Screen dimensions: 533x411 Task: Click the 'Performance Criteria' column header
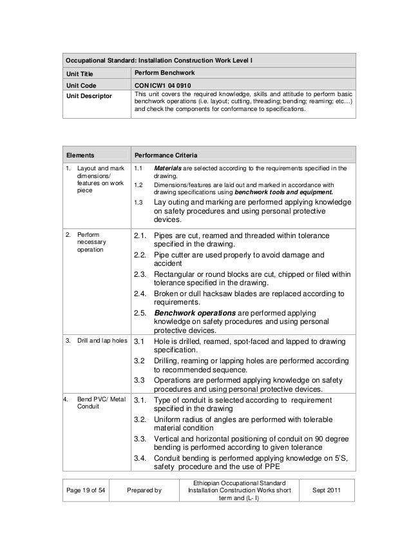(x=166, y=156)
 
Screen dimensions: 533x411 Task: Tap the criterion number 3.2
(x=140, y=362)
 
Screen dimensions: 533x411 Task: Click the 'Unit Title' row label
(x=81, y=73)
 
